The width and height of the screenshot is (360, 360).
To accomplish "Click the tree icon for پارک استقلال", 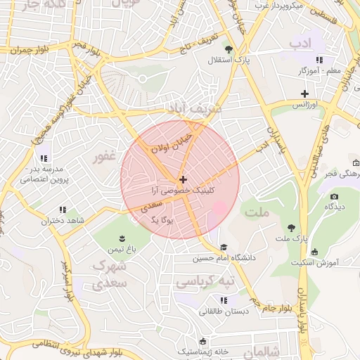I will tap(229, 49).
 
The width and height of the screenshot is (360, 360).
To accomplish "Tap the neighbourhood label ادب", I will tap(299, 44).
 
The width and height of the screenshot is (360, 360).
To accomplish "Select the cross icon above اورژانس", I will tap(304, 94).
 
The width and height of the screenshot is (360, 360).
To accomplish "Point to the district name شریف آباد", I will tap(195, 108).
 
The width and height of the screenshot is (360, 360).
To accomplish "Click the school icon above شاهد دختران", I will tap(63, 210).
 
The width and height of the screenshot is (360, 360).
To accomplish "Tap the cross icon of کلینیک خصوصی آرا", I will tap(184, 180).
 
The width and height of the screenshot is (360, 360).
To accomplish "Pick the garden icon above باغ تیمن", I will tap(121, 237).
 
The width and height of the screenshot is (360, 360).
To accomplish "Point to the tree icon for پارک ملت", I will tap(291, 227).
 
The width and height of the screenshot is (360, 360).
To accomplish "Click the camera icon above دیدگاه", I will tap(334, 196).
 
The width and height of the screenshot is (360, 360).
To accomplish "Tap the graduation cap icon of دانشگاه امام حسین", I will tap(224, 247).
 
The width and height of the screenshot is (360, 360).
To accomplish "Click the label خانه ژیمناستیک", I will tap(203, 350).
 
